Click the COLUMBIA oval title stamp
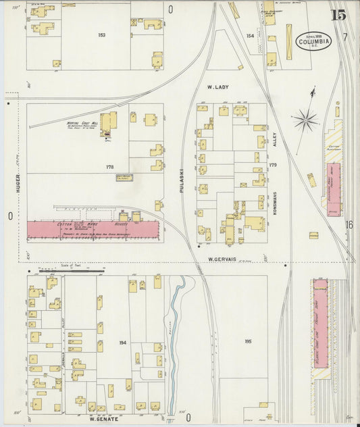coord(314,41)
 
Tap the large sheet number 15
coord(339,15)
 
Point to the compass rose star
coord(305,121)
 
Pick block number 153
coord(102,34)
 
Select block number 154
coord(251,35)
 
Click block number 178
coord(109,166)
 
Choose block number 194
coord(122,343)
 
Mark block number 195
coord(248,342)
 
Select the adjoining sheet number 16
coord(349,225)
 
